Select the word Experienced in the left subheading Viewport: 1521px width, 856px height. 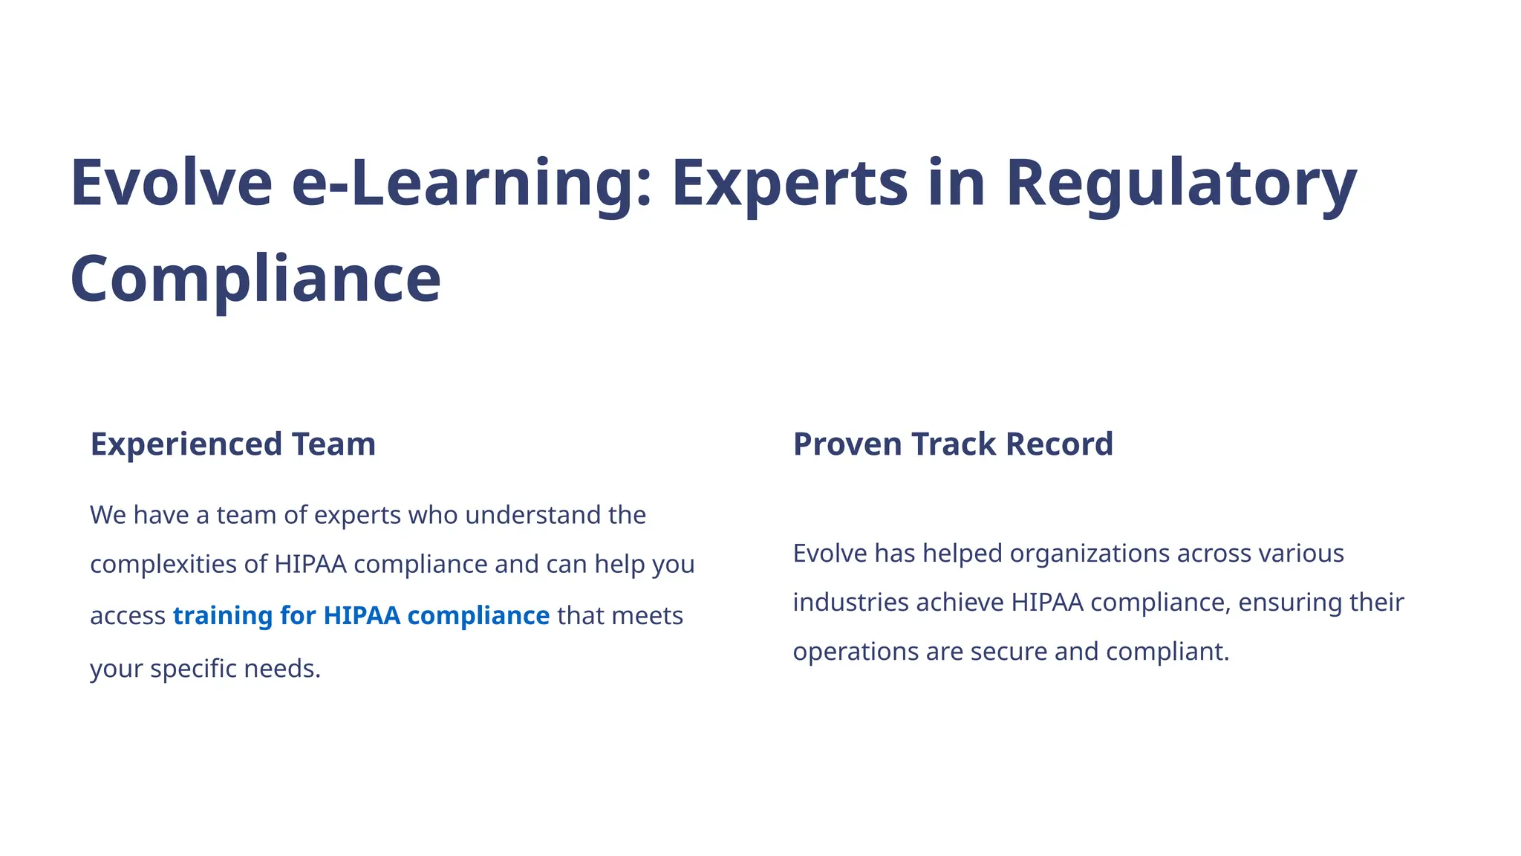coord(186,444)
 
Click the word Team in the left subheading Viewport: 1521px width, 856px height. coord(333,444)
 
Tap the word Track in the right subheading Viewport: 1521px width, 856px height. coord(953,444)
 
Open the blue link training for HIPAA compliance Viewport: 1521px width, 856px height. coord(361,616)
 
